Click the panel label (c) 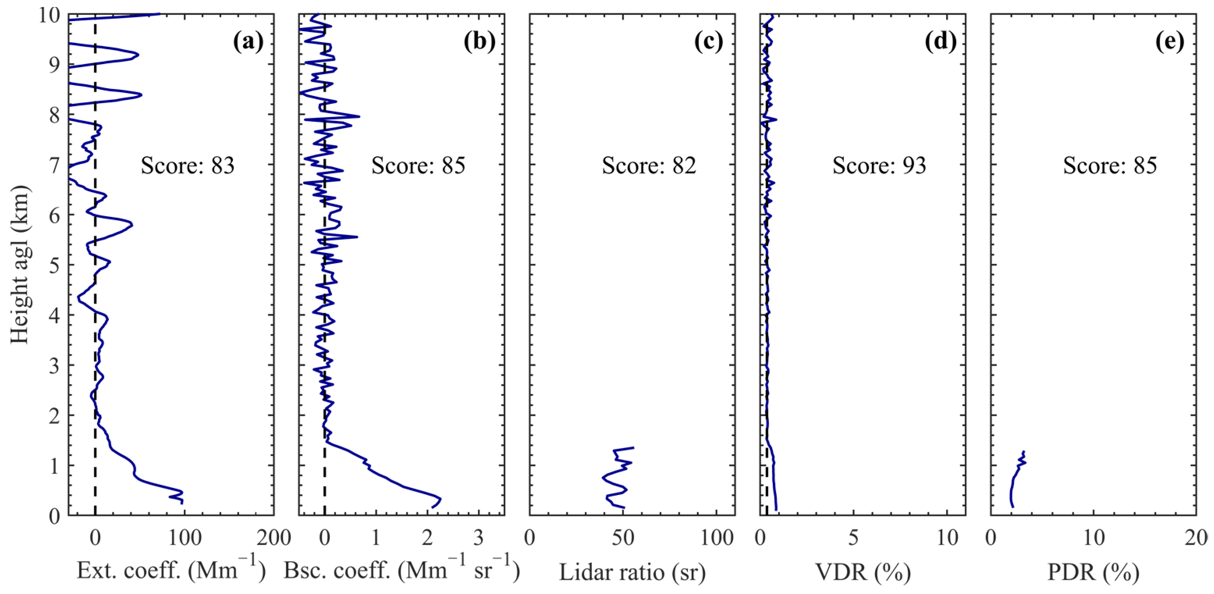tap(709, 42)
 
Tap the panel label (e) tap(1170, 42)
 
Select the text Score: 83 tap(188, 166)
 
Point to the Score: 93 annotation tap(879, 166)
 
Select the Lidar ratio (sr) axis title tap(632, 572)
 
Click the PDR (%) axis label tap(1093, 572)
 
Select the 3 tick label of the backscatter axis tap(478, 538)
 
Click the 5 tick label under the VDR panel tap(854, 538)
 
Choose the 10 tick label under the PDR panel tap(1093, 538)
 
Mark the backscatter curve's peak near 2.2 tap(440, 498)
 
